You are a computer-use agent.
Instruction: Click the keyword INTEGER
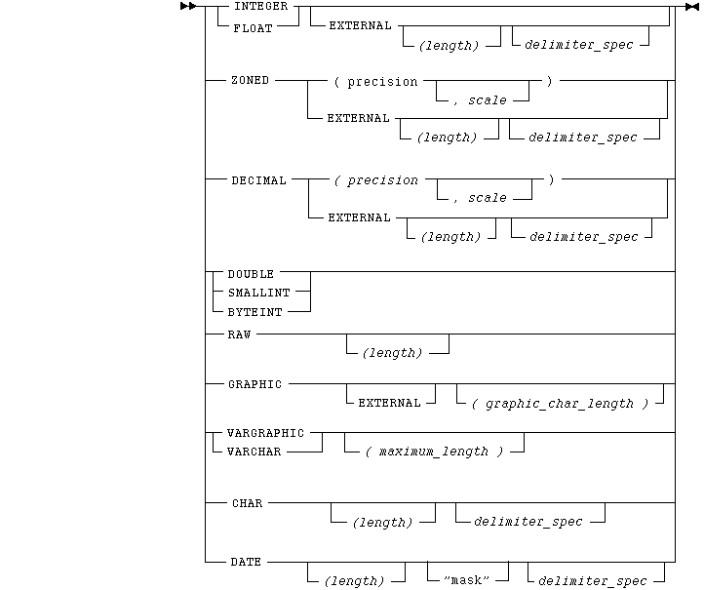pyautogui.click(x=260, y=6)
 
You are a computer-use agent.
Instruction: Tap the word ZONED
pyautogui.click(x=251, y=81)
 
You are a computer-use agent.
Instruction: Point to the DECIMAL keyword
pyautogui.click(x=259, y=180)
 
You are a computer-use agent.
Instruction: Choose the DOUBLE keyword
pyautogui.click(x=251, y=274)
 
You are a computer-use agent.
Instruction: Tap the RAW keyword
pyautogui.click(x=240, y=334)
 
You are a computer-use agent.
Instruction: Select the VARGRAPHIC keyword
pyautogui.click(x=265, y=432)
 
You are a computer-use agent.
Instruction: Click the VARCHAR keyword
pyautogui.click(x=254, y=452)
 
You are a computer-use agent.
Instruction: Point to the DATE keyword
pyautogui.click(x=245, y=562)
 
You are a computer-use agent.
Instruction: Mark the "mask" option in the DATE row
pyautogui.click(x=465, y=581)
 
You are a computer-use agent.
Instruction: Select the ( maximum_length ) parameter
pyautogui.click(x=434, y=452)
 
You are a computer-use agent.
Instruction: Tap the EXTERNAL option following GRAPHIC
pyautogui.click(x=390, y=403)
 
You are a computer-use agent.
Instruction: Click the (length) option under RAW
pyautogui.click(x=393, y=353)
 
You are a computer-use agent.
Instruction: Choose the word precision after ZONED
pyautogui.click(x=382, y=82)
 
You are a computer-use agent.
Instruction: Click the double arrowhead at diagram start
pyautogui.click(x=188, y=7)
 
